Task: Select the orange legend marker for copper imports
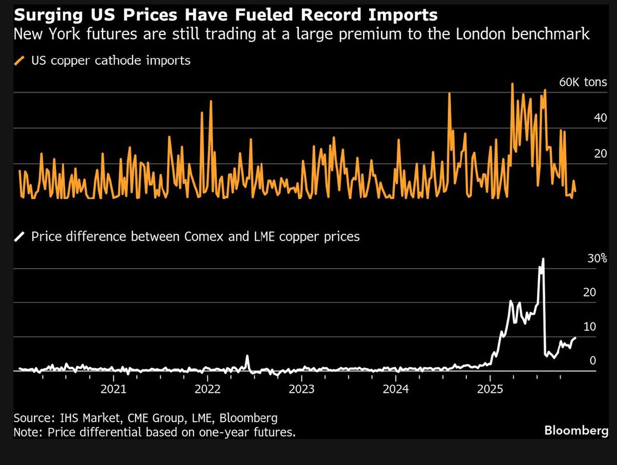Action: point(21,61)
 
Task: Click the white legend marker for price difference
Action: point(21,237)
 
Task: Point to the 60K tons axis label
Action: point(583,82)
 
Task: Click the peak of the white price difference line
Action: point(543,259)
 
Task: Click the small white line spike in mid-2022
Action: point(247,356)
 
